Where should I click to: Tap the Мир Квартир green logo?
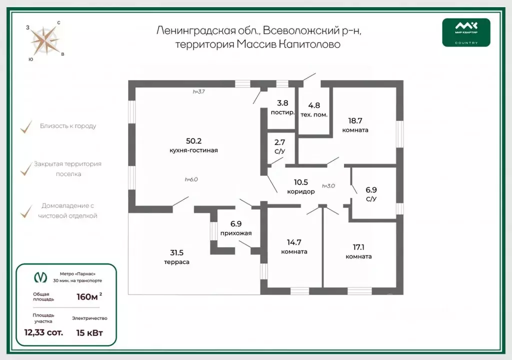[x=466, y=32]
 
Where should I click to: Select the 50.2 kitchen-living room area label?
[x=193, y=145]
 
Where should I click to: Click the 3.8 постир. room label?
[x=282, y=107]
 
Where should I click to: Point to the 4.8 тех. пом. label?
[x=314, y=109]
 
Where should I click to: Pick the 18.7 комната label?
[x=355, y=124]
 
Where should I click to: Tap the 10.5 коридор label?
[x=301, y=186]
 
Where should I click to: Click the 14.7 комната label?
[x=294, y=247]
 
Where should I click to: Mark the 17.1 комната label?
[x=358, y=251]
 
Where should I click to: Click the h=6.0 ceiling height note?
[x=191, y=179]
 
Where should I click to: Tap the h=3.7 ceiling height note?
[x=199, y=91]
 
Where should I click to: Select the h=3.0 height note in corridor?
[x=328, y=185]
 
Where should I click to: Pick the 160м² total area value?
[x=88, y=296]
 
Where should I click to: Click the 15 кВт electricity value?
[x=89, y=332]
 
